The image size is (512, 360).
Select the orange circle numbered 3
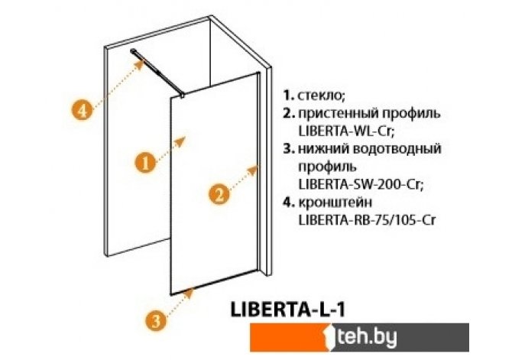(155, 322)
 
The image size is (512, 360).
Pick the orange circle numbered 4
(87, 109)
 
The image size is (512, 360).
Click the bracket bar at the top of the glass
(159, 73)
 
